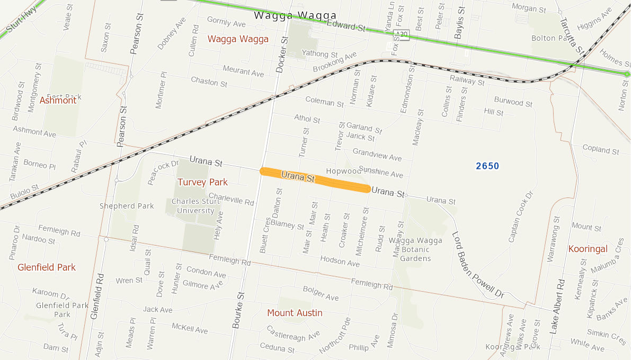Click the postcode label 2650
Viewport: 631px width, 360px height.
[487, 166]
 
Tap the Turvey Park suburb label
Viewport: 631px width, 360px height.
[202, 182]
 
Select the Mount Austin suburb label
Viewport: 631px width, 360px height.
[295, 313]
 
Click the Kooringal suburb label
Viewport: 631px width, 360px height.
[588, 249]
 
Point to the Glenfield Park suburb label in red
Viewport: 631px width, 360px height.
[47, 267]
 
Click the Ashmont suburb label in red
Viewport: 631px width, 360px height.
[58, 100]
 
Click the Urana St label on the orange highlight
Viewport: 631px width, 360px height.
[298, 176]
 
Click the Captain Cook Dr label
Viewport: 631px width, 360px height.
[521, 218]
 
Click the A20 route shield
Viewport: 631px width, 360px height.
[403, 34]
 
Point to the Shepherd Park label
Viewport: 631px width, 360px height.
[127, 206]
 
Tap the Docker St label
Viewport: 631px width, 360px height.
[281, 53]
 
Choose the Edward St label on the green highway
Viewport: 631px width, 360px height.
[346, 25]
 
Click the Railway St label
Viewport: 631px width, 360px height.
[467, 80]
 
